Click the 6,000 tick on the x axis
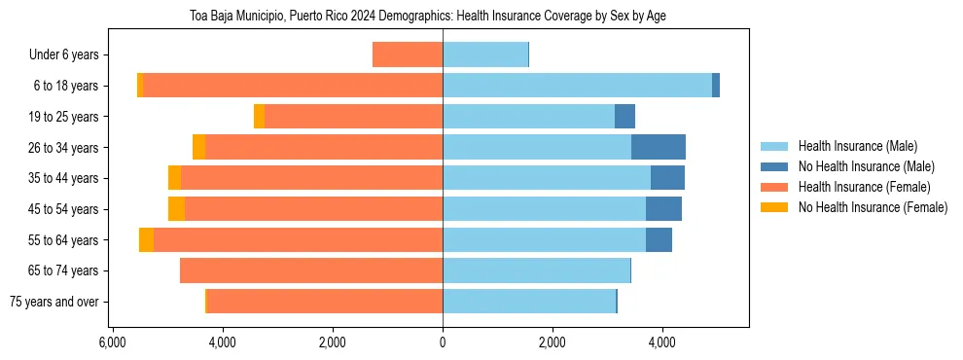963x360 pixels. (x=113, y=342)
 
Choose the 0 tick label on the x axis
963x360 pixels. (x=443, y=342)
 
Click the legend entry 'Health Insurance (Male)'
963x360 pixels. (x=857, y=146)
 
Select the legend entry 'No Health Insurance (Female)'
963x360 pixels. (x=873, y=207)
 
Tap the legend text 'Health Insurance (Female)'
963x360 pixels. (x=861, y=187)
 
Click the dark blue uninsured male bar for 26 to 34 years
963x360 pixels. (x=659, y=148)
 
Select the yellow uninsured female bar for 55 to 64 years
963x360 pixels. (x=146, y=240)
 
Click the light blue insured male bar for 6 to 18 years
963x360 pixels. (x=577, y=86)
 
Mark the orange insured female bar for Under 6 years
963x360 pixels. (x=408, y=55)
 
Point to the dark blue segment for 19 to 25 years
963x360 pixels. (x=624, y=117)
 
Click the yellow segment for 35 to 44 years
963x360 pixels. (x=174, y=178)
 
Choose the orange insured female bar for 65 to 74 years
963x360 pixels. (x=311, y=270)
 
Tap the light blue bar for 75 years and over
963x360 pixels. (x=529, y=302)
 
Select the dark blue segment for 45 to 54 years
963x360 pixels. (x=663, y=209)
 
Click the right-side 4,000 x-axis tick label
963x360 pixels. (x=661, y=342)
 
